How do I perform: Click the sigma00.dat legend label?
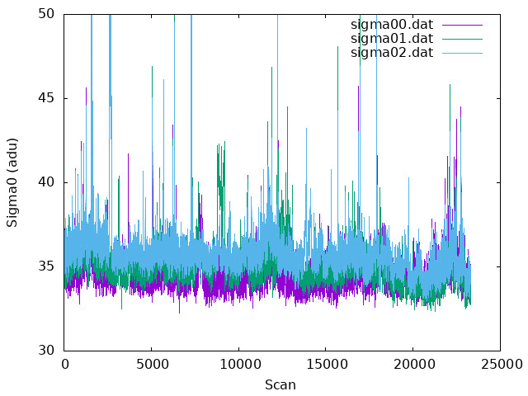click(x=392, y=25)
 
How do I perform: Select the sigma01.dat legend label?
click(x=392, y=39)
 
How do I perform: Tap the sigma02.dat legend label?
click(x=392, y=53)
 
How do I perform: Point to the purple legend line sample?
click(x=462, y=25)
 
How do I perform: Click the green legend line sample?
click(x=462, y=39)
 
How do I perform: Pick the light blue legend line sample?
click(x=462, y=53)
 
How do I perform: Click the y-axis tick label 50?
click(x=46, y=14)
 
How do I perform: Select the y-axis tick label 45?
click(x=46, y=98)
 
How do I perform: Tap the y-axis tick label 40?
click(x=46, y=182)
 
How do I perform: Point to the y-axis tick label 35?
click(x=46, y=266)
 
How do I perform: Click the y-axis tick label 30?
click(x=46, y=350)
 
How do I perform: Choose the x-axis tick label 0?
click(x=64, y=365)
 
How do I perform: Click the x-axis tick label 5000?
click(x=152, y=365)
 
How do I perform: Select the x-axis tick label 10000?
click(x=238, y=365)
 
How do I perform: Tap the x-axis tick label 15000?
click(x=326, y=365)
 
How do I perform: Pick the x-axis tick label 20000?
click(x=413, y=365)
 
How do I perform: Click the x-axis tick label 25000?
click(x=501, y=365)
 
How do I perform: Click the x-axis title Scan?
click(x=280, y=385)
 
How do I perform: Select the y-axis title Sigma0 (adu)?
click(x=12, y=182)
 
